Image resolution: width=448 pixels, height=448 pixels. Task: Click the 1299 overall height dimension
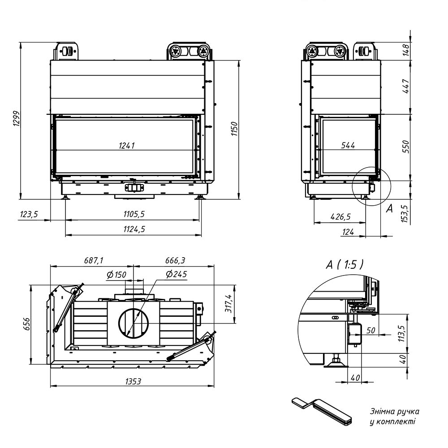17,119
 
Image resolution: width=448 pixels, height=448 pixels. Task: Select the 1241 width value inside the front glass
127,146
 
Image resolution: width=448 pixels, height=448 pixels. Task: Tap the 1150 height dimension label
234,129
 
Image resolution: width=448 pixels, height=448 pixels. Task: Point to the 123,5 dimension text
29,214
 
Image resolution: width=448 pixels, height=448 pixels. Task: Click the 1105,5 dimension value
134,214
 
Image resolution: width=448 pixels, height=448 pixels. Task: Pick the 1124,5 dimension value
134,229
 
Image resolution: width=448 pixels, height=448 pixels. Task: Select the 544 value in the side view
348,146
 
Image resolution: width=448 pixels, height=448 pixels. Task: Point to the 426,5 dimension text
340,216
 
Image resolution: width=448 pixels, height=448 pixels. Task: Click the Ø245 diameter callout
176,274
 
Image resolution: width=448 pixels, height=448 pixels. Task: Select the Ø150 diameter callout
116,275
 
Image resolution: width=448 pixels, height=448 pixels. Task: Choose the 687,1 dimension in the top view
94,260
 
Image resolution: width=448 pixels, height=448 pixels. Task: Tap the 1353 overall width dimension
133,381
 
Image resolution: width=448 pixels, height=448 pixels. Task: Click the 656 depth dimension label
26,324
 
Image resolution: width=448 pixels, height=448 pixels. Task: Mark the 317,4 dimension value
229,304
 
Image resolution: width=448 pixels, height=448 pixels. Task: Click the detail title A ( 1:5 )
345,265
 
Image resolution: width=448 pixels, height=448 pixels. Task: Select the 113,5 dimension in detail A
402,334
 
